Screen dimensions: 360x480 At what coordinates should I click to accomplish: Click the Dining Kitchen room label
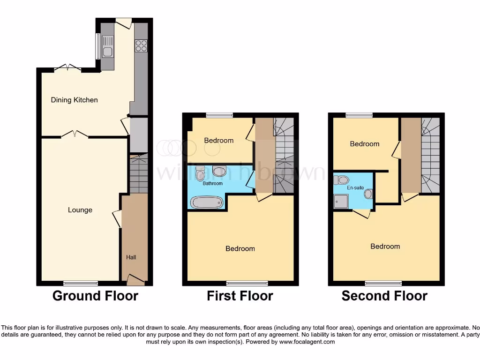click(74, 100)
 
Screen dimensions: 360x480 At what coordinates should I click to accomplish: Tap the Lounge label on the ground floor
click(80, 210)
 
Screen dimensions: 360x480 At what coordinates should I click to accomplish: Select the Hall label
click(131, 257)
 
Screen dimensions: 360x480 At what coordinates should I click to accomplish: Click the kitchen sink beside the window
click(107, 52)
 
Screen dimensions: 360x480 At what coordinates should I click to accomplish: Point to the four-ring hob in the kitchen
click(141, 45)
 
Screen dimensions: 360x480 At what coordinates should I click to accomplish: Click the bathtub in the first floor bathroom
click(206, 202)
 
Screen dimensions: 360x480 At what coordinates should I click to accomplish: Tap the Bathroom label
click(212, 184)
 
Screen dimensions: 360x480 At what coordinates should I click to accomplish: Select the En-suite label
click(355, 188)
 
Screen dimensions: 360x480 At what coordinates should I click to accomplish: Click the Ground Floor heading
click(95, 296)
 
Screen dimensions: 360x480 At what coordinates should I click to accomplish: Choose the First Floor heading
click(240, 296)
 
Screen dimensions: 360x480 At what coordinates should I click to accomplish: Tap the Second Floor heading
click(384, 296)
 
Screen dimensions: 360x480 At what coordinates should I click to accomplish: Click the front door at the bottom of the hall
click(135, 280)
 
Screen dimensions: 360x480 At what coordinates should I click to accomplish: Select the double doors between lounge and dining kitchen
click(75, 135)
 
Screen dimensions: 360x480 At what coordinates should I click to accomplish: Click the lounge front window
click(81, 283)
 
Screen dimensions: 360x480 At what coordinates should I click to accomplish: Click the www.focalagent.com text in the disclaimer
click(307, 342)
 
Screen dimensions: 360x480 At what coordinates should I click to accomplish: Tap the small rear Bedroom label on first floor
click(218, 141)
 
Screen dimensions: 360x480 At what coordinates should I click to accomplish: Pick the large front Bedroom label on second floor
click(385, 247)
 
